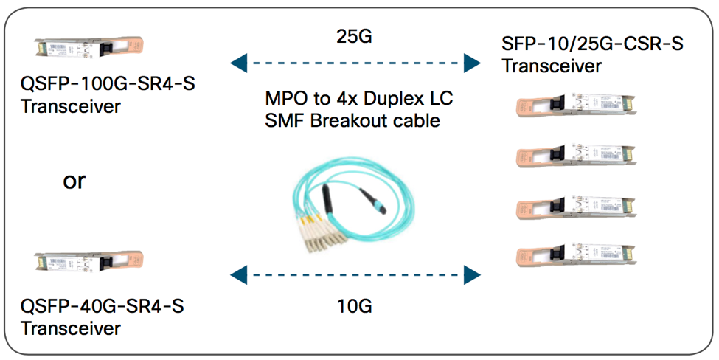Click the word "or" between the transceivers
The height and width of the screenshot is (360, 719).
click(74, 181)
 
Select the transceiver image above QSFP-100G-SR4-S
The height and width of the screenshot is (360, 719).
click(85, 49)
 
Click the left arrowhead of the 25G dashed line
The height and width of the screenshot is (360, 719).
click(238, 64)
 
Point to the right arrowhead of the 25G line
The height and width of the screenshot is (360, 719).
click(472, 64)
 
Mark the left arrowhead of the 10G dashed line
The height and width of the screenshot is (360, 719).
click(238, 276)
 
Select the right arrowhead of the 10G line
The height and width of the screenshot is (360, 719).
click(472, 276)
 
